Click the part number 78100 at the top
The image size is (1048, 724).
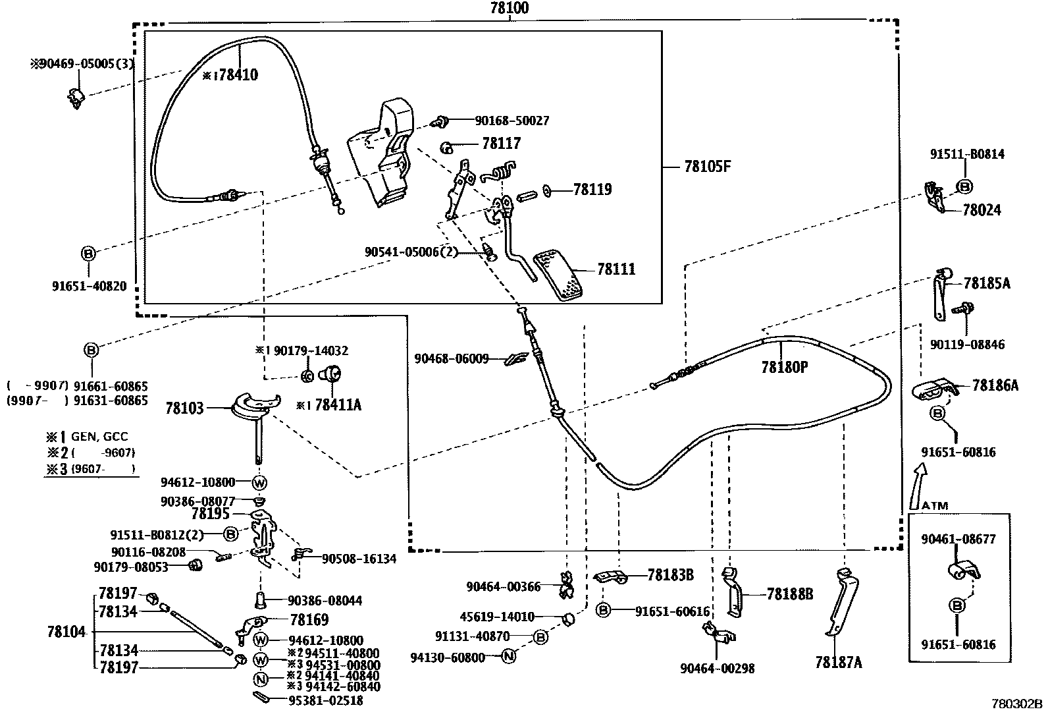(510, 9)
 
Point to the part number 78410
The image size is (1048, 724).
(238, 75)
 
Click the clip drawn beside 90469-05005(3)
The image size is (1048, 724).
(76, 97)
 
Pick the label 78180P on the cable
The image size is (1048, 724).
(784, 368)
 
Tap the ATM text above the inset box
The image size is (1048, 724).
(935, 506)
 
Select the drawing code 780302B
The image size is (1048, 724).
(1017, 704)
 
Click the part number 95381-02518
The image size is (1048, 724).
(325, 701)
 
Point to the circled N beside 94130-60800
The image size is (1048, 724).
(508, 656)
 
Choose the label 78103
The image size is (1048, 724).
(185, 408)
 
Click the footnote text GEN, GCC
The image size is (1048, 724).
(99, 436)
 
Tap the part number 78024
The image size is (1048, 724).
(982, 210)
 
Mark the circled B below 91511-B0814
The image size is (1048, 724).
(964, 186)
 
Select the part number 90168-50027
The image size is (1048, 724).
(512, 121)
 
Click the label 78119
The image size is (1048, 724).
(592, 190)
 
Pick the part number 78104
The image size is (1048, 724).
(66, 632)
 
